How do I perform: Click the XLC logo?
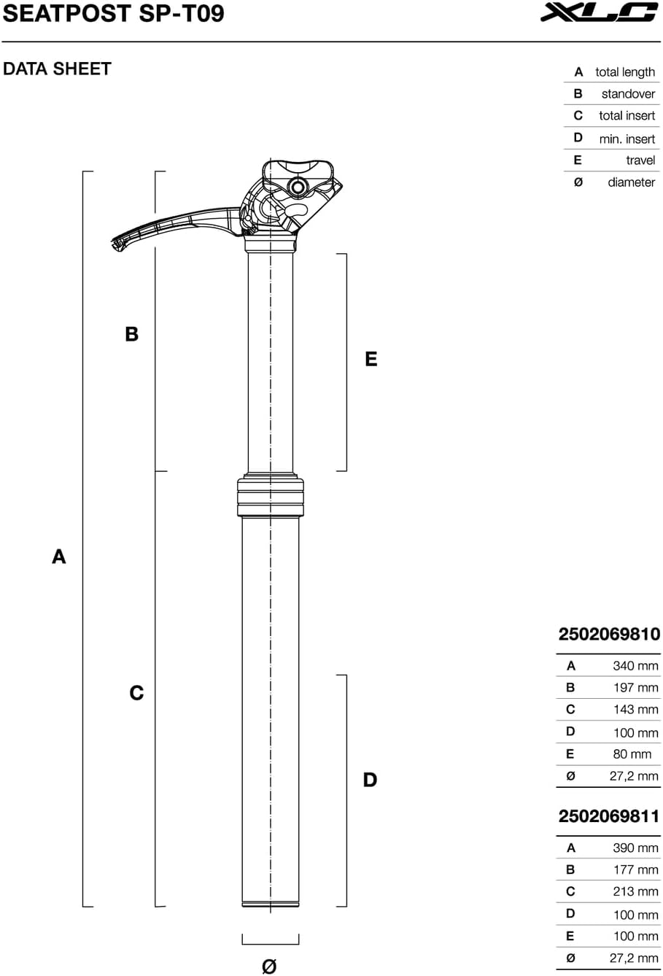(x=600, y=12)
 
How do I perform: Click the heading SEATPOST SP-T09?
(x=113, y=13)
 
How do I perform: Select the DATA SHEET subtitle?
(x=57, y=69)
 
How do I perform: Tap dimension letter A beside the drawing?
(x=59, y=557)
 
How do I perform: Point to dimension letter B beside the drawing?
(x=131, y=334)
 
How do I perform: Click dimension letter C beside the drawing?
(x=136, y=693)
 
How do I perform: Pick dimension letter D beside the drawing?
(x=370, y=780)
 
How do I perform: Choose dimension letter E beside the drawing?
(x=371, y=359)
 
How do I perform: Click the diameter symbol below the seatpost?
(x=269, y=967)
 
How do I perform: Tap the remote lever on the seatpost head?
(x=174, y=225)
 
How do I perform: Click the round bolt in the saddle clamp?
(x=298, y=187)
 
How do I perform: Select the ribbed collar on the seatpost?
(x=271, y=497)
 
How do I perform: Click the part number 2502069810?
(x=609, y=635)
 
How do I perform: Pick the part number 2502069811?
(x=609, y=816)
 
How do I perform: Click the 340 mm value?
(x=635, y=666)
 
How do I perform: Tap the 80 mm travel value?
(x=632, y=754)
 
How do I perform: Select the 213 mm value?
(x=635, y=891)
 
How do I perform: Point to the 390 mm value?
(x=635, y=848)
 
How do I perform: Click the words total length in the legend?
(x=625, y=72)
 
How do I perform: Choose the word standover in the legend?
(x=628, y=93)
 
